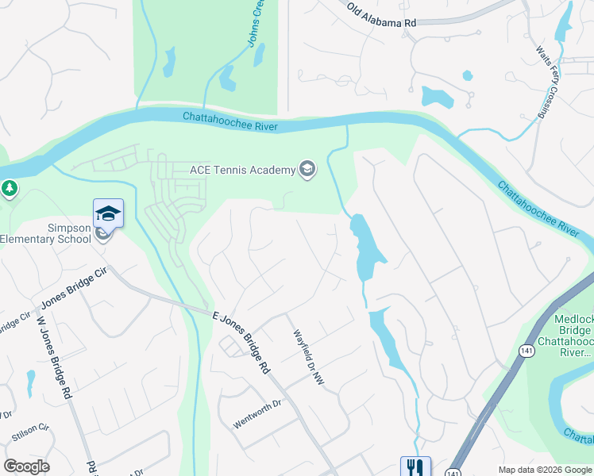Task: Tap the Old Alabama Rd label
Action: coord(381,16)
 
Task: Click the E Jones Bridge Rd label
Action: coord(240,342)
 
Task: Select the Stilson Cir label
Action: coord(31,432)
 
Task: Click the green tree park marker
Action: coord(9,189)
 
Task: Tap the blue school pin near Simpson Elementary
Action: coord(108,213)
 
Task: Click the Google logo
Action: coord(26,466)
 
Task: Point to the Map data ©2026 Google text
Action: coord(544,470)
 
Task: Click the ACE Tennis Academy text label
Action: coord(241,170)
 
